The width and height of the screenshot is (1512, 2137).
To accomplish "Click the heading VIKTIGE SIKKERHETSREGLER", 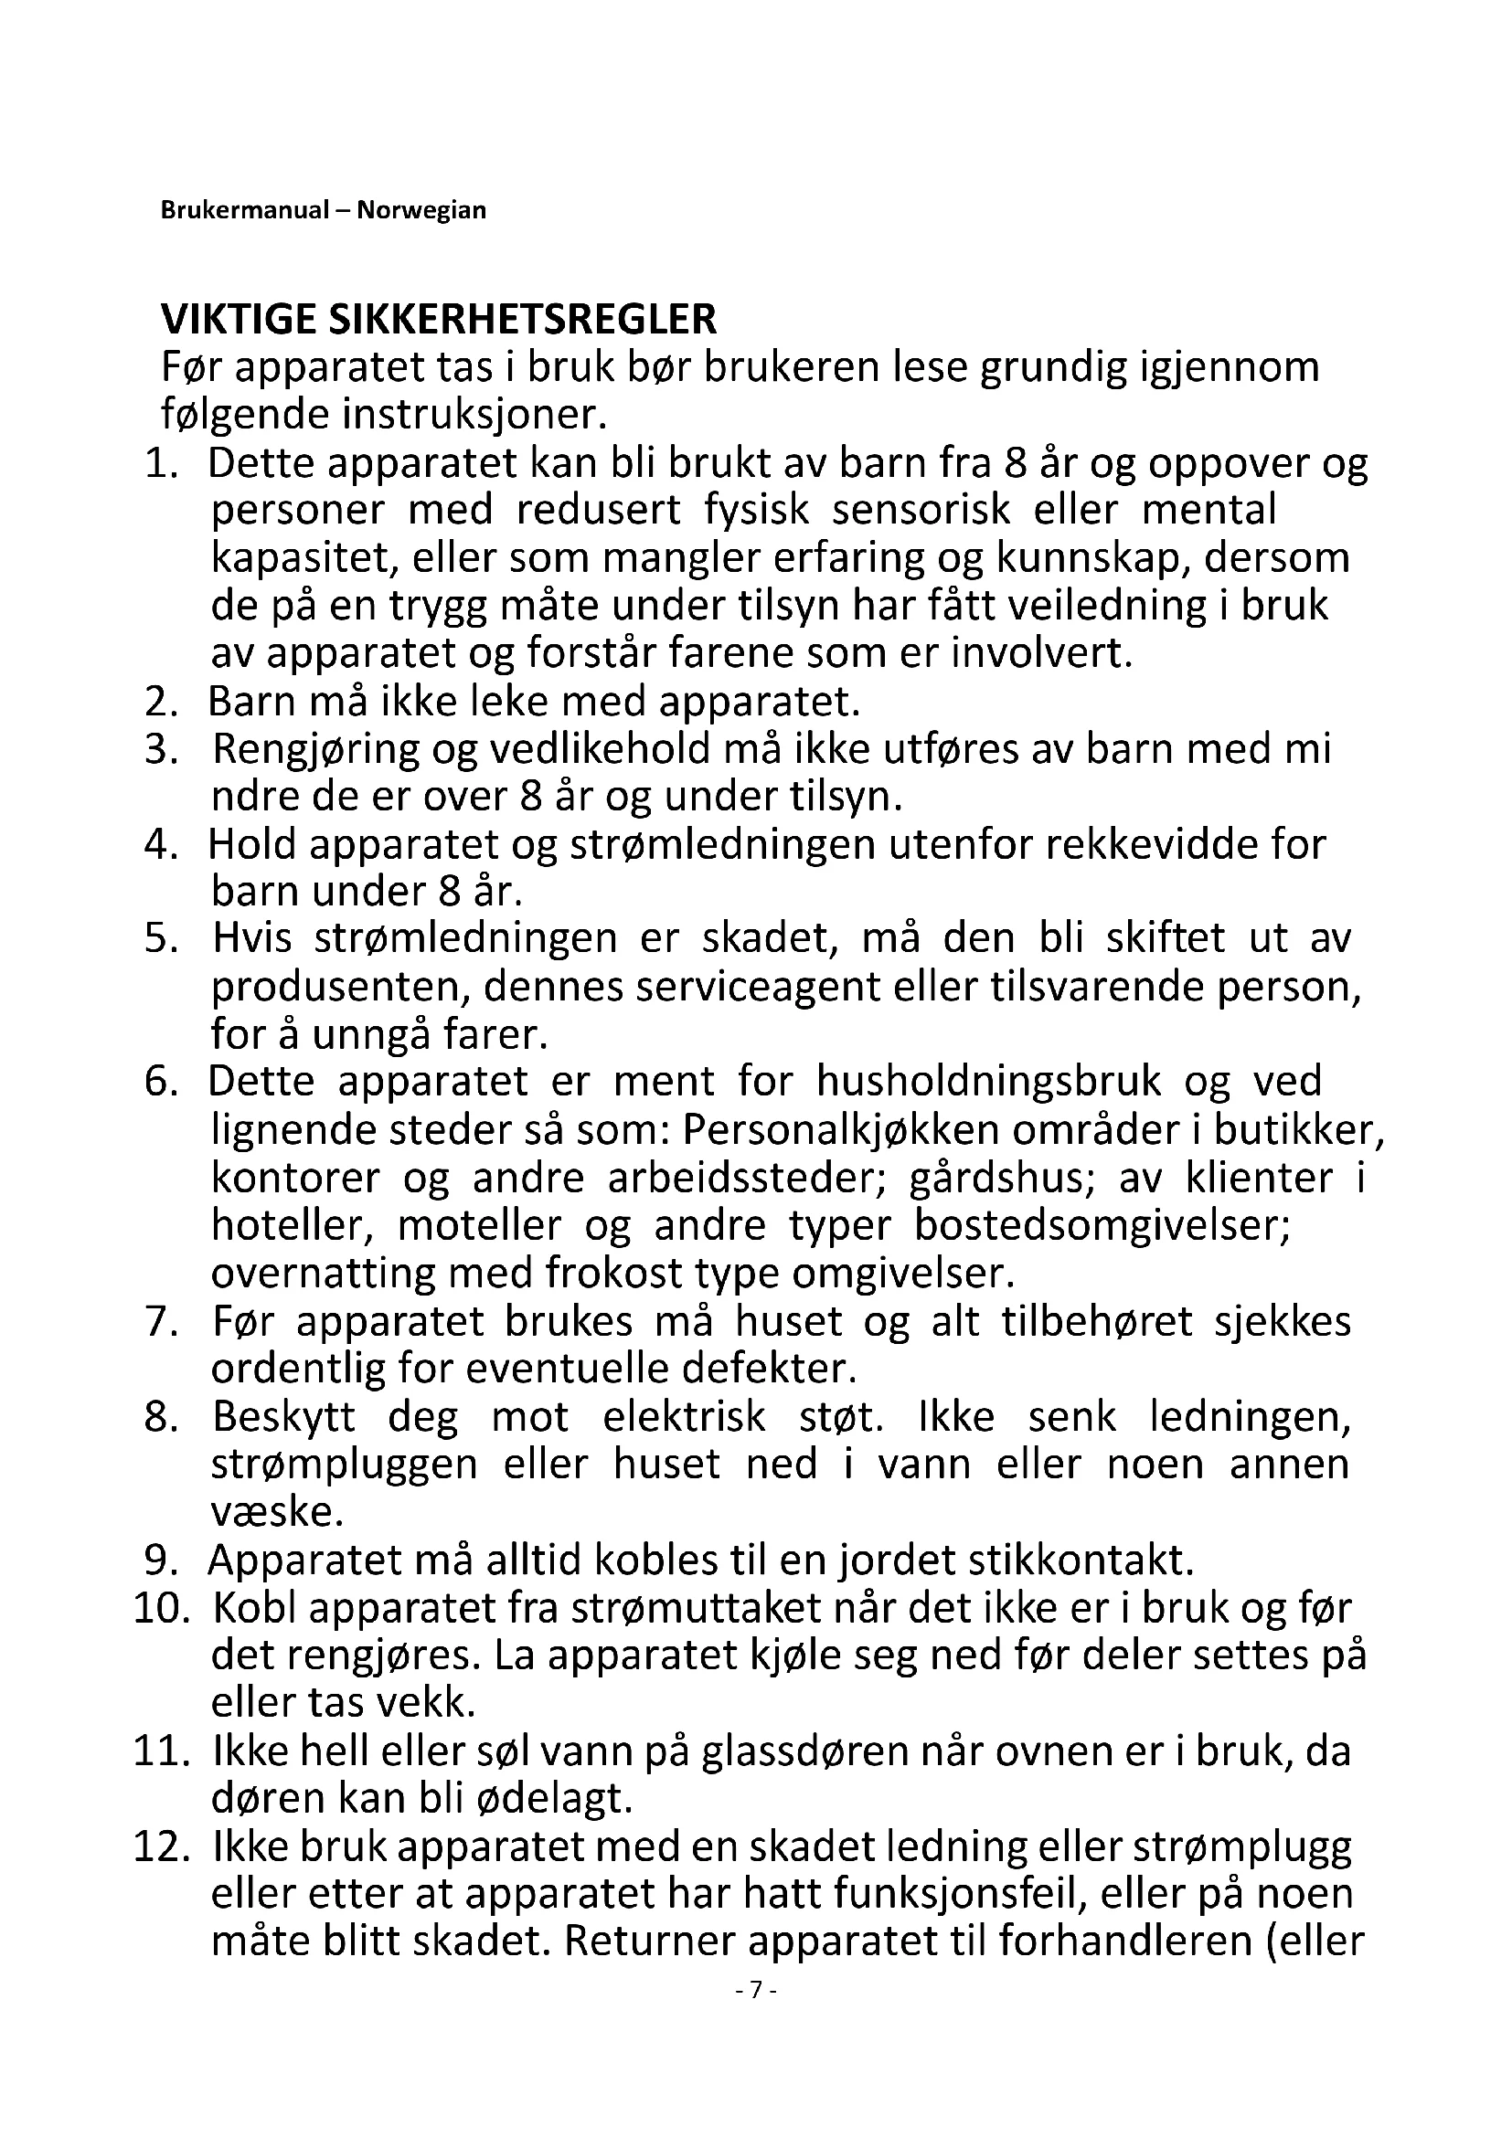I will (x=439, y=319).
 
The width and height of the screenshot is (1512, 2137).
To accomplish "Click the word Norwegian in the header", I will (x=421, y=210).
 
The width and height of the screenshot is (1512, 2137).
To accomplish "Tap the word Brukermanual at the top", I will (x=245, y=210).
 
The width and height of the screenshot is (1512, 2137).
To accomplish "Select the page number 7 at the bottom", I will (x=756, y=1989).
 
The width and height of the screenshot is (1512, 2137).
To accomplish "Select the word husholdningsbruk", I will (x=989, y=1082).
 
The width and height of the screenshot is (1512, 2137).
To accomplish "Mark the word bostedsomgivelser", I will (x=1102, y=1225).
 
